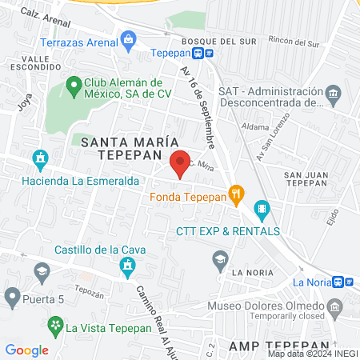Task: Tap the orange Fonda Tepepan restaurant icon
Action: point(236,193)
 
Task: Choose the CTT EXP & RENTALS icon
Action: point(263,211)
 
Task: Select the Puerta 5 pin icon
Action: point(12,299)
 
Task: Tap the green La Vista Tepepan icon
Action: point(55,326)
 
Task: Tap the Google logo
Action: point(27,350)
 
